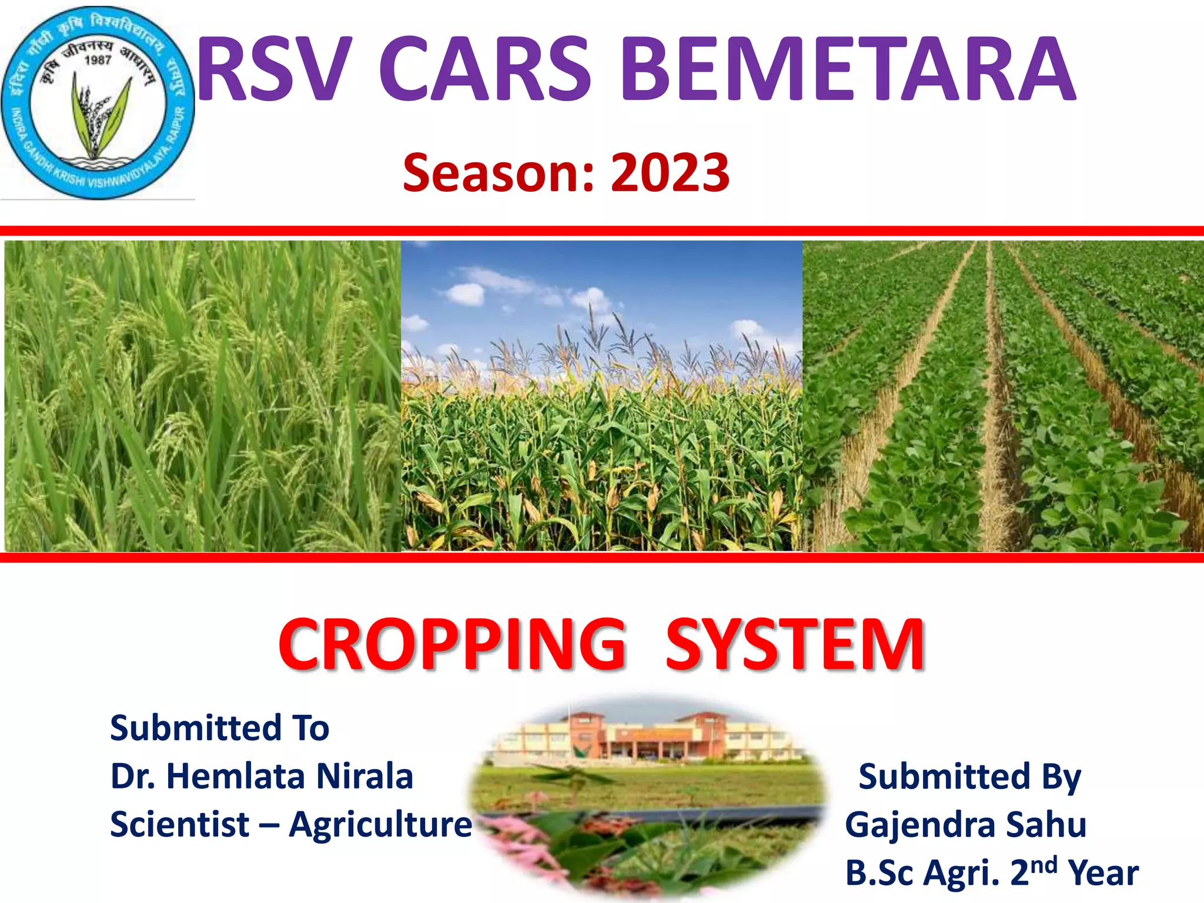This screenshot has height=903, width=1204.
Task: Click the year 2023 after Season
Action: [670, 173]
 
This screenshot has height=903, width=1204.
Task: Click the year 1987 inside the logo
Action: [98, 59]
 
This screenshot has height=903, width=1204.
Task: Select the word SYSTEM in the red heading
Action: [795, 645]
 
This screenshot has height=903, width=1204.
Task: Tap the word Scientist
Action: [179, 824]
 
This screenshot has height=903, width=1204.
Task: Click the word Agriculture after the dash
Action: [380, 824]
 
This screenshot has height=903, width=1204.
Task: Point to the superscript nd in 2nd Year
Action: [1044, 865]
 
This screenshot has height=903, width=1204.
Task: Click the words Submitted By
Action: [969, 777]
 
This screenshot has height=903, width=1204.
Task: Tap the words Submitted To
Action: [219, 728]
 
